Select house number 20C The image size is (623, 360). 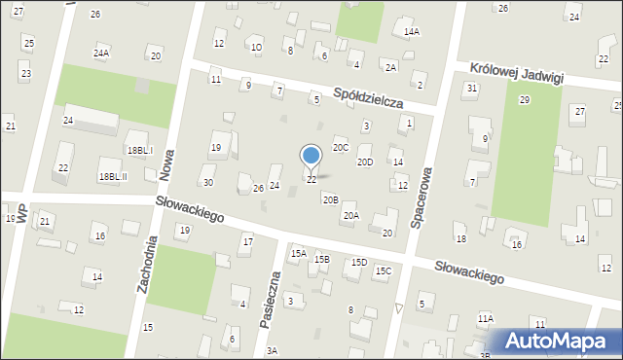[341, 147]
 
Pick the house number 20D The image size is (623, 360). [364, 162]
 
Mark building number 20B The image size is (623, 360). [330, 199]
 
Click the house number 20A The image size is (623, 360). [350, 216]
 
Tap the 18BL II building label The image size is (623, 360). [113, 176]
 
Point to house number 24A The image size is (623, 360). [101, 54]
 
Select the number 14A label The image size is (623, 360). [412, 32]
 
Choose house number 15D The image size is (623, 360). [359, 262]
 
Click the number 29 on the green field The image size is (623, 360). [524, 100]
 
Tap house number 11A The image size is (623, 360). [485, 318]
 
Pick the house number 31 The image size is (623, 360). [471, 88]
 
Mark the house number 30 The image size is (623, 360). [207, 182]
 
